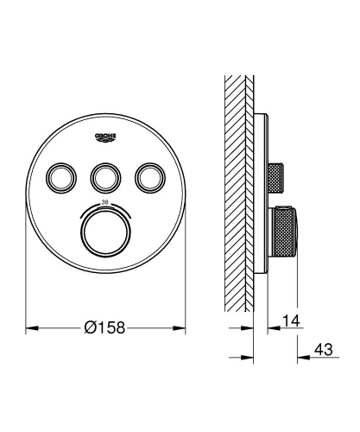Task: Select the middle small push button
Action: tap(106, 178)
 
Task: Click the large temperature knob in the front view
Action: tap(106, 232)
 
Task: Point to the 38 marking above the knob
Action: tap(106, 200)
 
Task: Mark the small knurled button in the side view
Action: tap(278, 178)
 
